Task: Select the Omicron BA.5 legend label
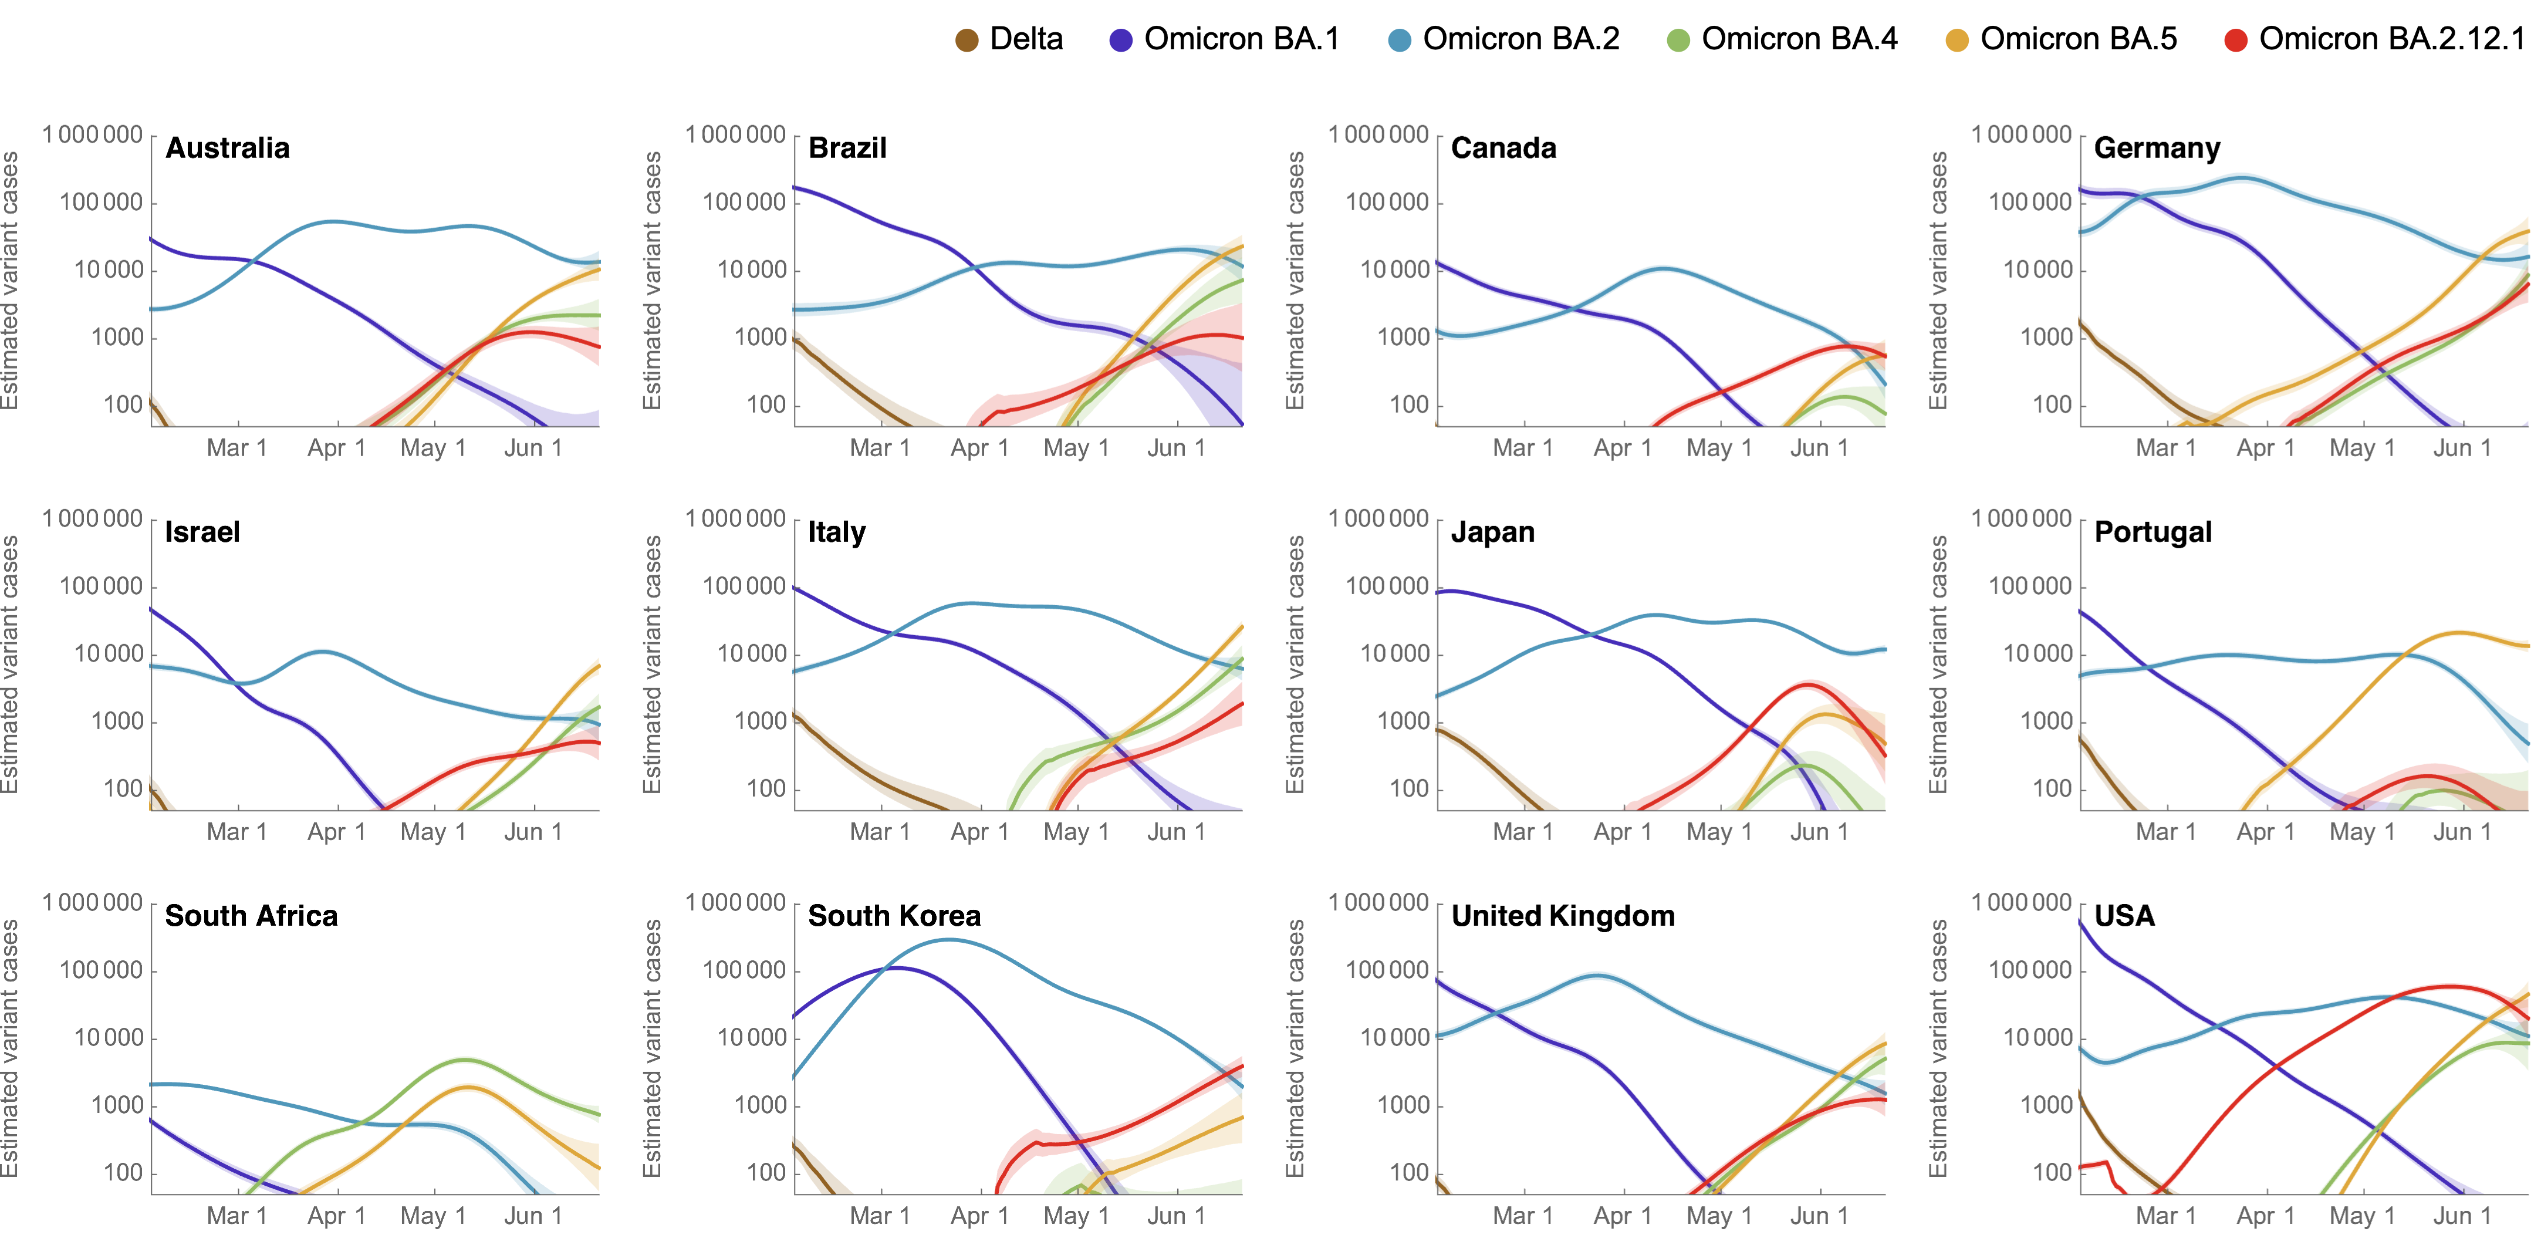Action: click(x=2079, y=39)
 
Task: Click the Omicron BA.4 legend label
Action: click(x=1799, y=39)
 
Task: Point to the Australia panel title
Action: click(x=228, y=148)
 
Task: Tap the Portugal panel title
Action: click(x=2153, y=532)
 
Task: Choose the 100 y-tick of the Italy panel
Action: click(x=765, y=789)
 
